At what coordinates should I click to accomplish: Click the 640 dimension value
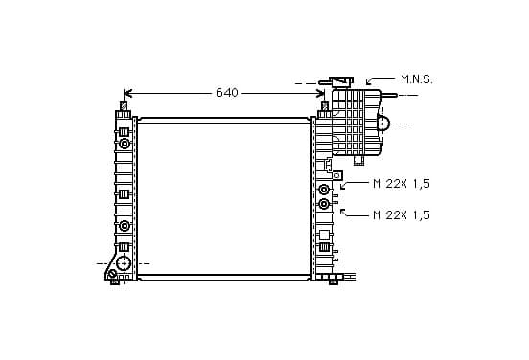click(x=227, y=92)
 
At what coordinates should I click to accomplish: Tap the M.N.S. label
click(x=416, y=79)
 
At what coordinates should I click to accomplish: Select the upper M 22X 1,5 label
click(x=402, y=184)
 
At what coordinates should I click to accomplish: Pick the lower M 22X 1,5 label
click(x=402, y=214)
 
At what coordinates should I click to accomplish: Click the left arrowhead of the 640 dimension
click(x=127, y=94)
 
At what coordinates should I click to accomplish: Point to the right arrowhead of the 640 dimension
click(x=320, y=94)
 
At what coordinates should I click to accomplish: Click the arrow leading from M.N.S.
click(x=379, y=80)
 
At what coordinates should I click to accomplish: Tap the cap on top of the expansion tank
click(x=341, y=81)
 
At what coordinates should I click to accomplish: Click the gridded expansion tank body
click(x=356, y=122)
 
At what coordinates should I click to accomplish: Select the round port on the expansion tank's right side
click(x=383, y=124)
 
